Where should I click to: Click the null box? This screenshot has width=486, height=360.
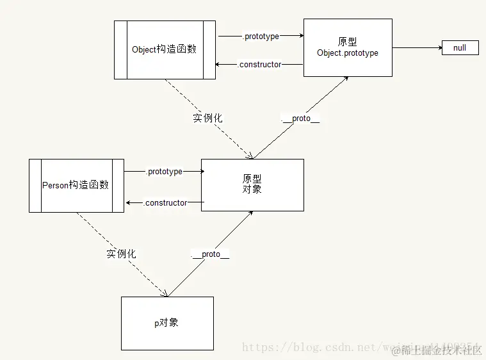(x=460, y=47)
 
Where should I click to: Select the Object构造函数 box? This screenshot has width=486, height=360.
(x=165, y=50)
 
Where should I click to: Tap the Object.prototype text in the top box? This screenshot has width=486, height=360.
(x=347, y=53)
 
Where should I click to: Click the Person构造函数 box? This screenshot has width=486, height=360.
(x=76, y=185)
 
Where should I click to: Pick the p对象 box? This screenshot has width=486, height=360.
(x=167, y=323)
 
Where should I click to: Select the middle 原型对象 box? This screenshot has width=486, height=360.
(x=252, y=184)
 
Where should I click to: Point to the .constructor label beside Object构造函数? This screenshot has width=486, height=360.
(x=259, y=65)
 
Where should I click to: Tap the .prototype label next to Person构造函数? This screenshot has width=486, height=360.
(x=165, y=172)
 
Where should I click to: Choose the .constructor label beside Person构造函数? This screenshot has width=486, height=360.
(x=165, y=203)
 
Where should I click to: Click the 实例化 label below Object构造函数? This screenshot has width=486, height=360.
(x=207, y=119)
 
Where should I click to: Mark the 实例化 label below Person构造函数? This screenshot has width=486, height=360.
(x=121, y=254)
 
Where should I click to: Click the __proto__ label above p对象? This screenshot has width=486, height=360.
(x=210, y=254)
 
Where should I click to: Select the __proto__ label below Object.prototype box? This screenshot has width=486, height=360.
(x=300, y=119)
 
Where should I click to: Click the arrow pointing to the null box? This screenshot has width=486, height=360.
(x=416, y=47)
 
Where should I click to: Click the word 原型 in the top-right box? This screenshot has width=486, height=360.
(x=347, y=42)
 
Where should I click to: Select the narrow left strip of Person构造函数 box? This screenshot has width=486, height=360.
(x=35, y=185)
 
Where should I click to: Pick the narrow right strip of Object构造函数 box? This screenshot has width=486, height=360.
(x=209, y=50)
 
